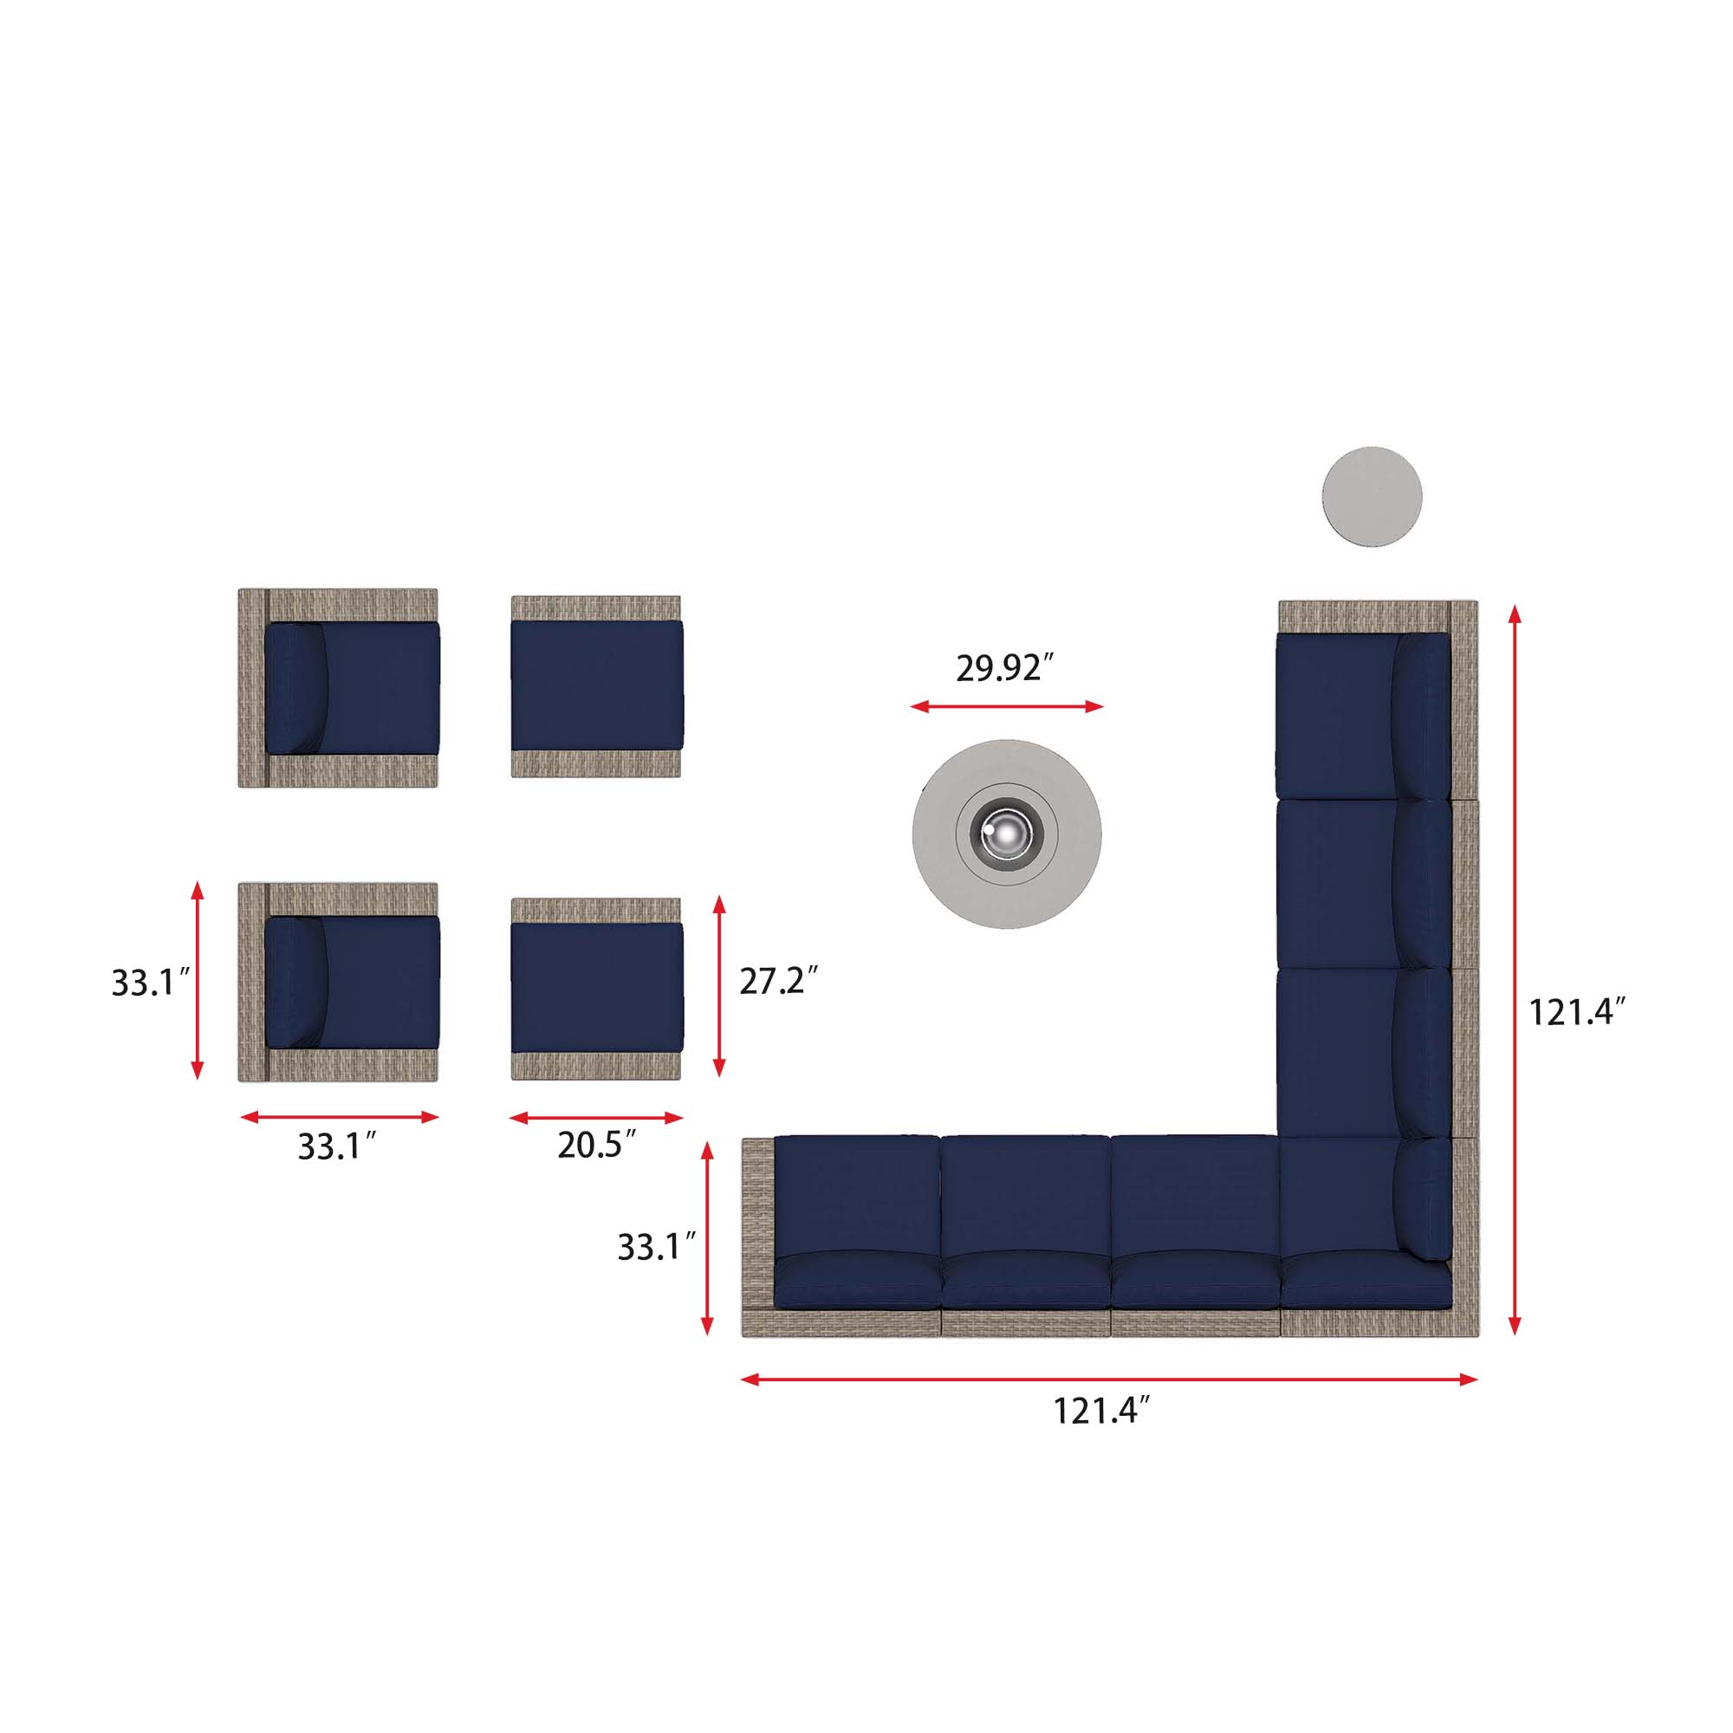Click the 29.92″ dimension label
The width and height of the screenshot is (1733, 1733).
click(1003, 668)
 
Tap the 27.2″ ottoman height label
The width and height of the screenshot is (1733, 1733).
click(778, 982)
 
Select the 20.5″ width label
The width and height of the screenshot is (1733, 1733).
click(596, 1145)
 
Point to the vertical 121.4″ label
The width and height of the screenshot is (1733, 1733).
click(1576, 1013)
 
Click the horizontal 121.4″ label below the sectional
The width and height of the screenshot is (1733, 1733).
click(1100, 1411)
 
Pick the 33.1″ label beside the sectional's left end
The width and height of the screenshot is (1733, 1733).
click(657, 1247)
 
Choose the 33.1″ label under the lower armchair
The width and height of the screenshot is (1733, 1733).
click(336, 1146)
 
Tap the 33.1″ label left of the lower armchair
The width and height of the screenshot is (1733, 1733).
click(150, 983)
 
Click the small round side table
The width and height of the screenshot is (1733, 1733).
click(1372, 496)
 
